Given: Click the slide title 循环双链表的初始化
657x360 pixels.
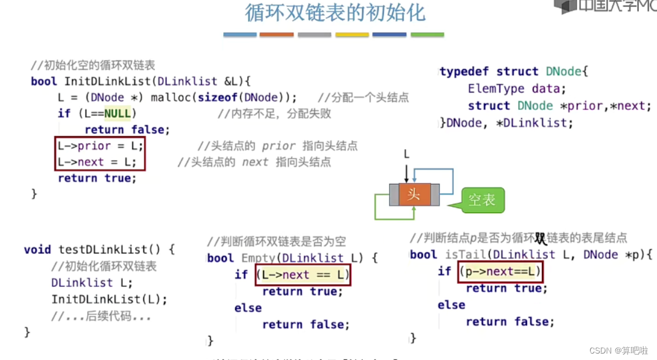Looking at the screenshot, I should (335, 13).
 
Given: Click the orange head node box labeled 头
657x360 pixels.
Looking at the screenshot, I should (414, 194).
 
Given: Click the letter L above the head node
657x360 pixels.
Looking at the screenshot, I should (406, 154).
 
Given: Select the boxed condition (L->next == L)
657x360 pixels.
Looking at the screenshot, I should (303, 274).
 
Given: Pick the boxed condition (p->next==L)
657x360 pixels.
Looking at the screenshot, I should (500, 271).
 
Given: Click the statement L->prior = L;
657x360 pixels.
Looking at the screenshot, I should (100, 146).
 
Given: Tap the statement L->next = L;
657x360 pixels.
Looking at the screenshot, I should (97, 162).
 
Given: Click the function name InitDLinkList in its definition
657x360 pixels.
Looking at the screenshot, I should (102, 81).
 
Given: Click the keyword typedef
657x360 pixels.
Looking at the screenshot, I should (464, 72).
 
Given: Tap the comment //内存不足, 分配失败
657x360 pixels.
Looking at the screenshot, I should (274, 113).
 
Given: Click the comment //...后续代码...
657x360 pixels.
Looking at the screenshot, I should (101, 317).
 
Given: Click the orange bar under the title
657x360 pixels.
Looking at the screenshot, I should (277, 35).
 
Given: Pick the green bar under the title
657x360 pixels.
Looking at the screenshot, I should (427, 35).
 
